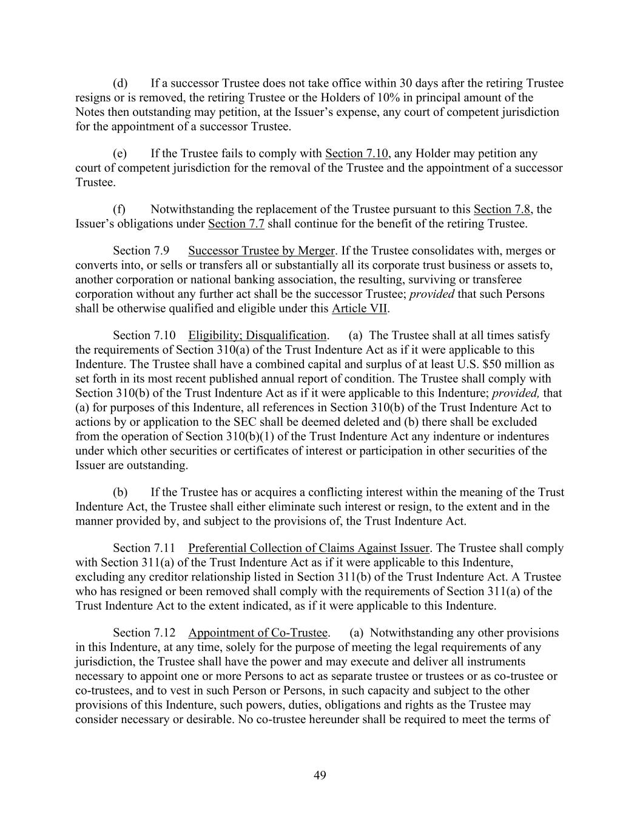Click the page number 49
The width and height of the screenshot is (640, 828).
pos(320,775)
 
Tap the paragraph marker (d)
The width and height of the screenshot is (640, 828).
pos(120,83)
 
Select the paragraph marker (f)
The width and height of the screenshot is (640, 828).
pos(119,209)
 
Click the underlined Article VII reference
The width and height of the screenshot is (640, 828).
pos(359,308)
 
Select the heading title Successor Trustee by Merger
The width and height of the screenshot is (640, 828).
pos(261,251)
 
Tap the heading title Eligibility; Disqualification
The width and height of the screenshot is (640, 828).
pos(257,335)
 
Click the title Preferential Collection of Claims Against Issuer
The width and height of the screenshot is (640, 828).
pos(309,548)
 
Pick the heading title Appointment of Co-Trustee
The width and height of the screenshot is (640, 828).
pos(258,633)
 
